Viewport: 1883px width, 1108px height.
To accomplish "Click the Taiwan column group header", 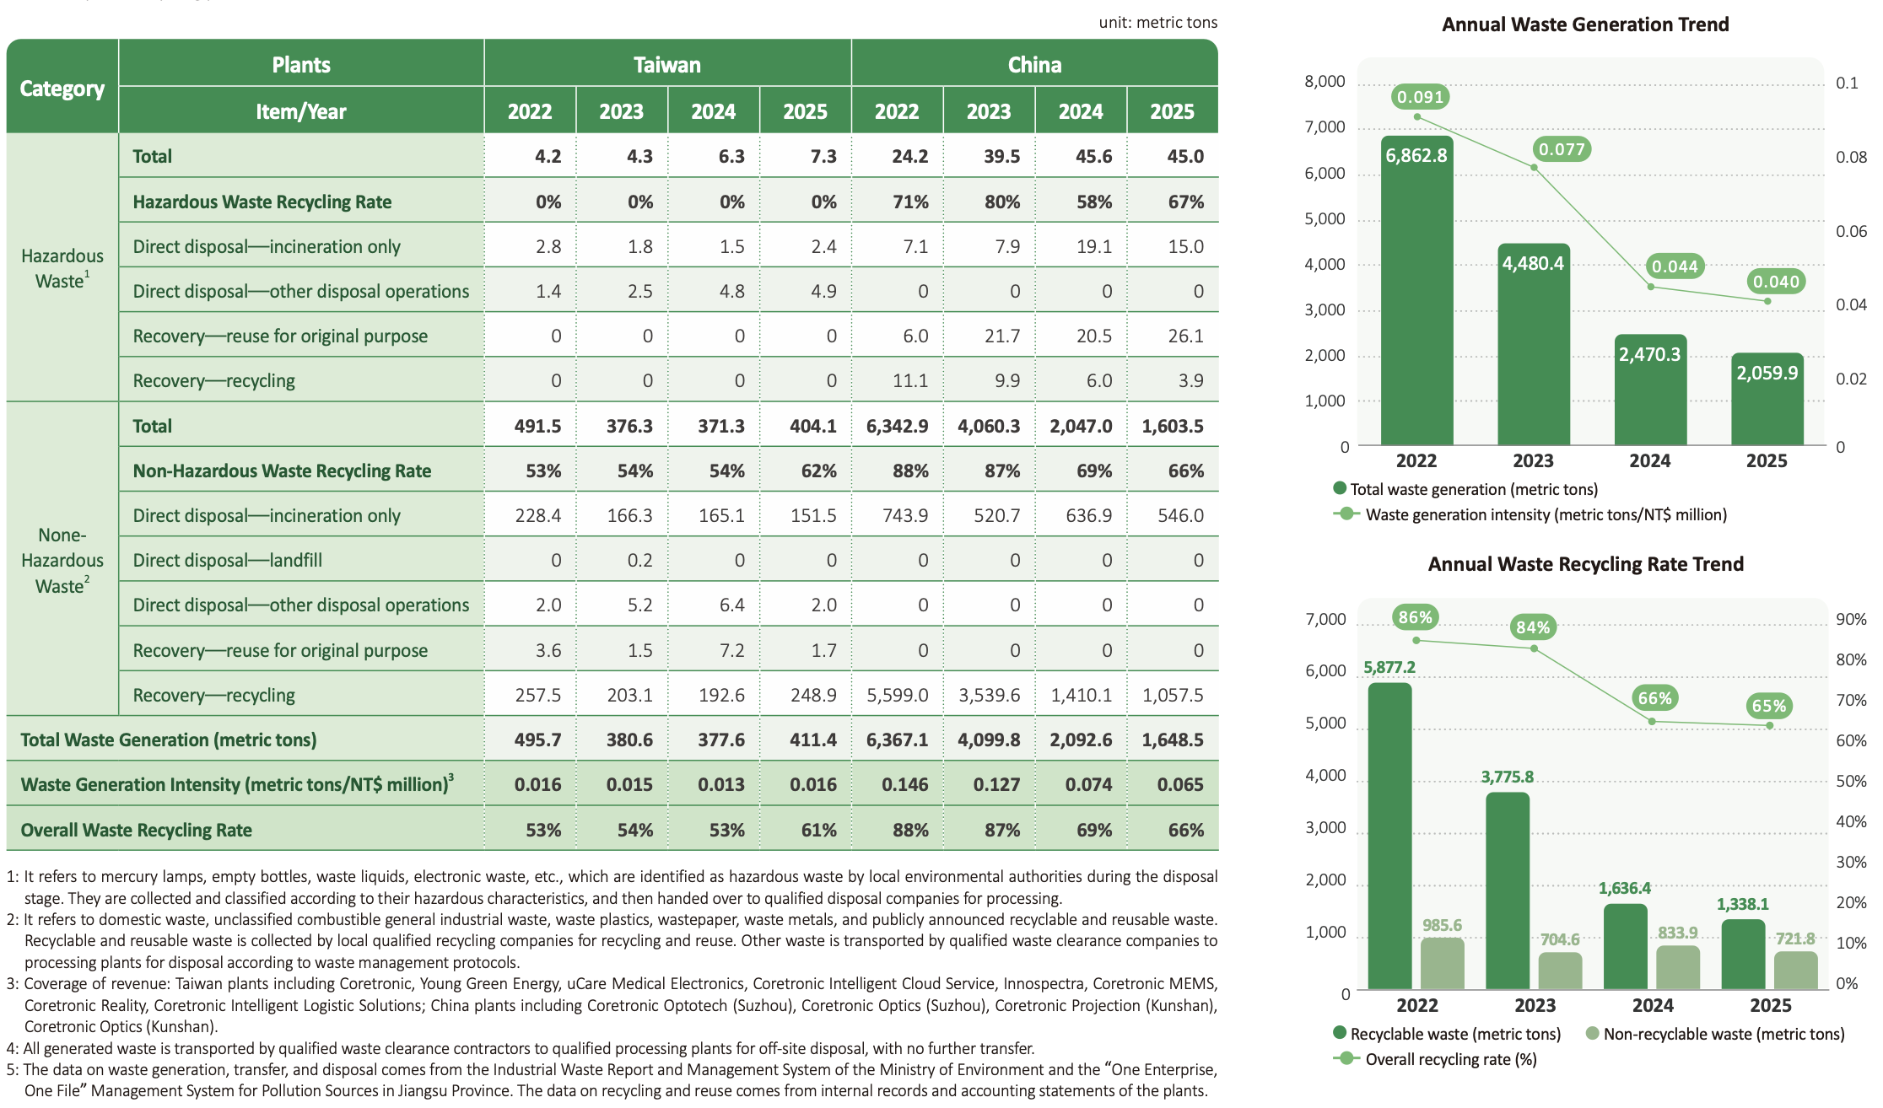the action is pos(667,64).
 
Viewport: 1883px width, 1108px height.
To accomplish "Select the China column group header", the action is pos(1034,64).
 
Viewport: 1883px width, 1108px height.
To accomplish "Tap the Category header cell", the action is pos(62,88).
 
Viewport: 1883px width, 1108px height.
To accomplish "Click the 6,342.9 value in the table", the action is pos(897,426).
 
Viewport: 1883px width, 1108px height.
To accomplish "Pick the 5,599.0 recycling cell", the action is pos(898,695).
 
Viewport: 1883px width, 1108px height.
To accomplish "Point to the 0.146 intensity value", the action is pos(905,784).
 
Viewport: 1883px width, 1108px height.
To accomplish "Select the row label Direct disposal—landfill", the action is pos(228,560).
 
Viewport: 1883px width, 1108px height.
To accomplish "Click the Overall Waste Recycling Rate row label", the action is pos(137,830).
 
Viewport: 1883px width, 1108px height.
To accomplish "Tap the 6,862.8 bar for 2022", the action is pos(1416,290).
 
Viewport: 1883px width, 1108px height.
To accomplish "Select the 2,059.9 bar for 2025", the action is pos(1767,399).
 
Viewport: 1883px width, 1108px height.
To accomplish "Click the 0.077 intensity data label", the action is pos(1562,149).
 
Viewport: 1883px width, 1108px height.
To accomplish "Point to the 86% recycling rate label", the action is pos(1415,617).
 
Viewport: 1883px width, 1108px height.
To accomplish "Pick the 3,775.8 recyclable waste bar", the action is pos(1508,890).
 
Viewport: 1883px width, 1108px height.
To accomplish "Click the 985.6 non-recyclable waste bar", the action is pos(1443,963).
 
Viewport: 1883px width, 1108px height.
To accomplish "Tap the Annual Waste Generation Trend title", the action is pos(1585,24).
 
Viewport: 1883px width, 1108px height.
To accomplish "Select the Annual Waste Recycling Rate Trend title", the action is pos(1585,564).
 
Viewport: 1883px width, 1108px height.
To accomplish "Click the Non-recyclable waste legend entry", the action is pos(1715,1034).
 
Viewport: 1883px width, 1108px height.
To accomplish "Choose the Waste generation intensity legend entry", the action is pos(1530,514).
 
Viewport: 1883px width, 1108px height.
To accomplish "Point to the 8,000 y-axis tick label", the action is pos(1325,82).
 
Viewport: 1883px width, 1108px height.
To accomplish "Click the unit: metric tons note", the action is pos(1157,23).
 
